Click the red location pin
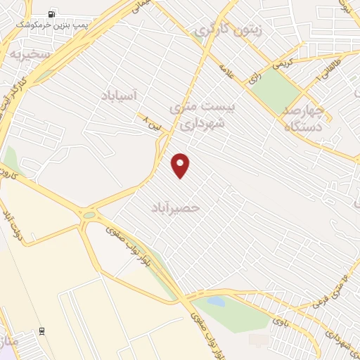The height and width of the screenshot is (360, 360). tap(181, 165)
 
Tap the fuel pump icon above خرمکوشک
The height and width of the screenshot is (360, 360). tap(52, 14)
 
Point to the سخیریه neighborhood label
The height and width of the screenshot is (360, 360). tap(26, 54)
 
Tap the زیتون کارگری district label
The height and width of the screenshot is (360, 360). tap(229, 31)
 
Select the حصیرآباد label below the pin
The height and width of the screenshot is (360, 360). tap(176, 208)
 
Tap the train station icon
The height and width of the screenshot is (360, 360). tap(41, 330)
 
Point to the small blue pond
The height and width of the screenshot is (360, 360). tap(216, 302)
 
